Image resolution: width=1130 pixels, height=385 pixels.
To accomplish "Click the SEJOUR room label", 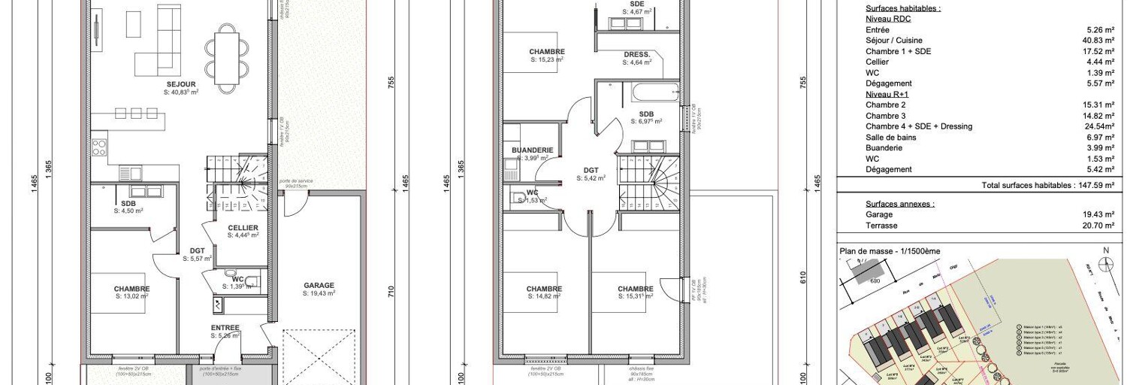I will pos(181,84).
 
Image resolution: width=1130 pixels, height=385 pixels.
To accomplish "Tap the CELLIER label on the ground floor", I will pos(243,228).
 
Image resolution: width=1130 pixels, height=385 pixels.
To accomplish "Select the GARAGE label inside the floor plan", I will pos(319,286).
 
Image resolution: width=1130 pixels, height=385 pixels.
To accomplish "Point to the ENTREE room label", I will pos(225,328).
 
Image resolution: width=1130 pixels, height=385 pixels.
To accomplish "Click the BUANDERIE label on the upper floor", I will pos(532,150).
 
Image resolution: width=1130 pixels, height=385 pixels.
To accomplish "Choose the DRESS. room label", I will pos(637,55).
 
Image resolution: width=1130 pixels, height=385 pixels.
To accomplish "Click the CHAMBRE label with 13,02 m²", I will pos(131,289).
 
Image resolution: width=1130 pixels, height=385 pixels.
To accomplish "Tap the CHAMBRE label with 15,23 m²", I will pos(546,52).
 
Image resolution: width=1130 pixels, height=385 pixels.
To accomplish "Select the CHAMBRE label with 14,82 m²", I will pos(544,289).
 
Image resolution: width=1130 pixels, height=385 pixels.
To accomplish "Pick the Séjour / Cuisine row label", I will pos(894,41).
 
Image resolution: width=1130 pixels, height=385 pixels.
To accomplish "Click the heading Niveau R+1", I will pos(887,94).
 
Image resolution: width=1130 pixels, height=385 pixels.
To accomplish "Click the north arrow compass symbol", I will pos(1105,263).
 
